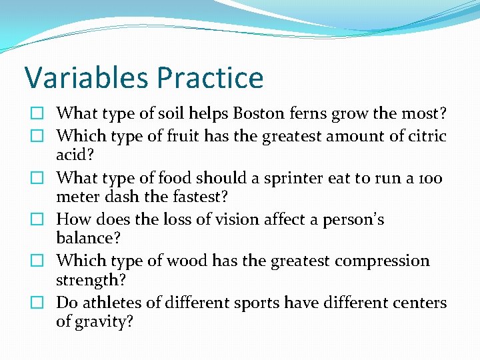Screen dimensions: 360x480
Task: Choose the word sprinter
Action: coord(282,178)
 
